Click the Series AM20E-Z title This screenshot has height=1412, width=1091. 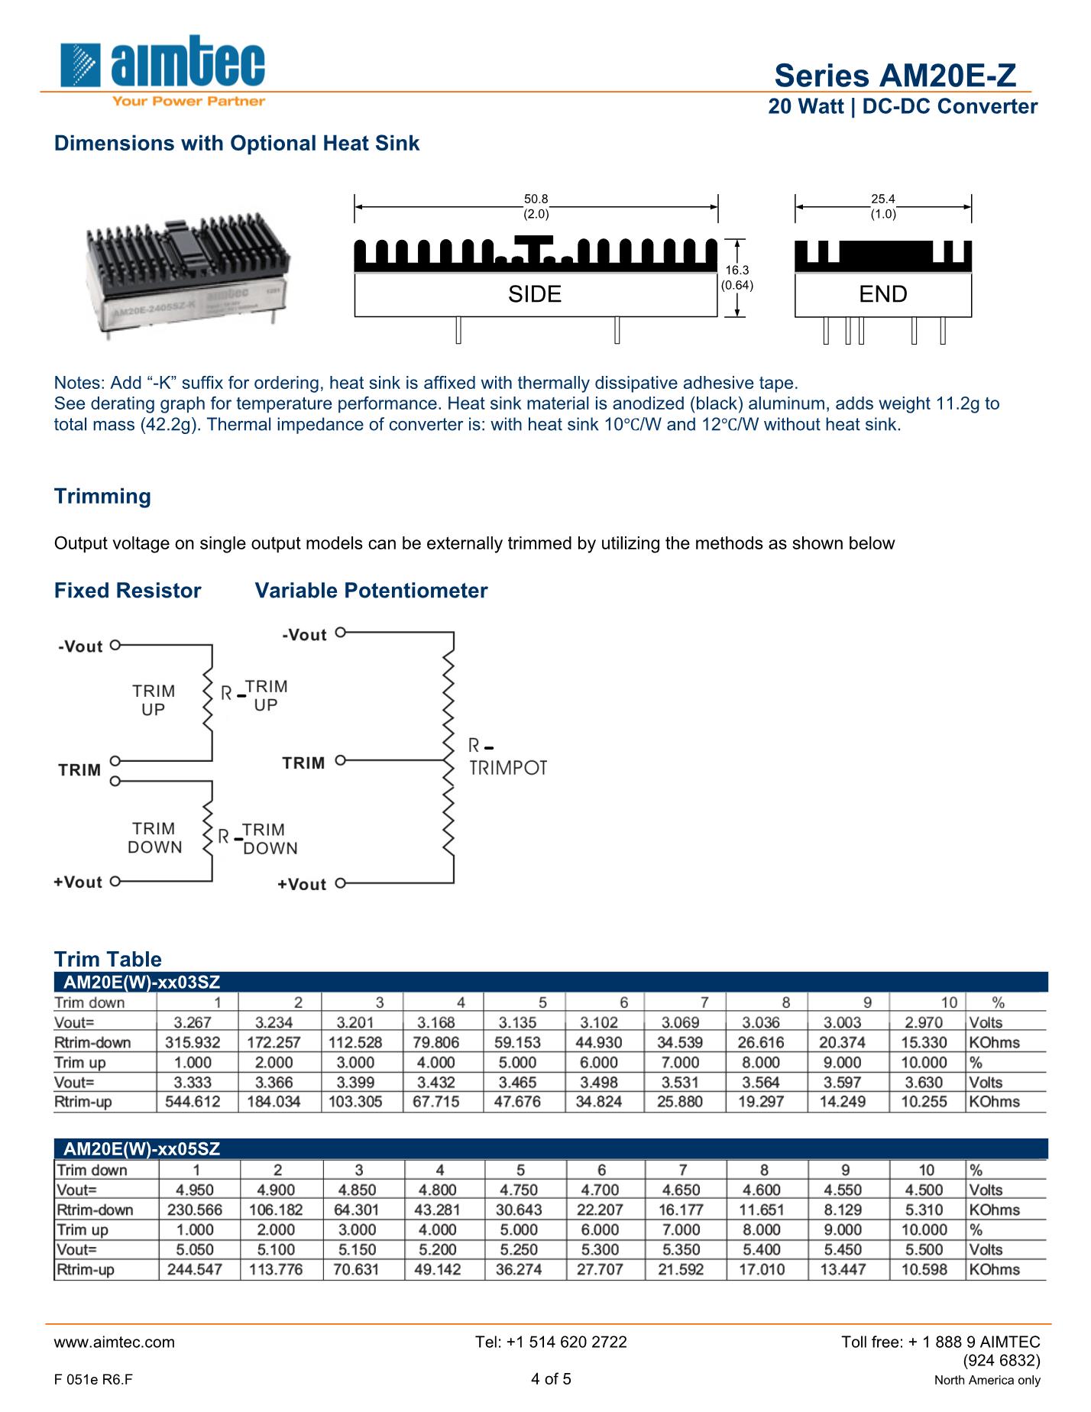pos(895,76)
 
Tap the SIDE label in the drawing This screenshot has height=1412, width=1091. pos(535,294)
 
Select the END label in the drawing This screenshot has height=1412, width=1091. pos(882,294)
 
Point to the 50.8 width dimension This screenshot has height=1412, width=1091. pos(536,199)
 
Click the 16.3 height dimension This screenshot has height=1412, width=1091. pos(737,270)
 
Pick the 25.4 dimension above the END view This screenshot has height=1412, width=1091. pos(882,199)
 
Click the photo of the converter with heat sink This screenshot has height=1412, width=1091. pos(188,279)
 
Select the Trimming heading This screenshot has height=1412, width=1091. pos(102,497)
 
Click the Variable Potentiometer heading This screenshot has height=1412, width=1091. pos(371,591)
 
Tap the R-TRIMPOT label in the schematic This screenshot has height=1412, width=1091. pos(507,757)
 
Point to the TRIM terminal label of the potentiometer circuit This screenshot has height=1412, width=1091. pos(303,763)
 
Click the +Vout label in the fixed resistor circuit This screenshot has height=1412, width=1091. pos(78,882)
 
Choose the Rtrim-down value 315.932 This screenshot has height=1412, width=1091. pos(193,1042)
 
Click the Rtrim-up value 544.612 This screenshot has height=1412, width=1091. pos(193,1102)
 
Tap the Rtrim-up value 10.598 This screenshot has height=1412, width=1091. pos(924,1269)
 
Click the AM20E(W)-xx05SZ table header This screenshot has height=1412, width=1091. pos(141,1149)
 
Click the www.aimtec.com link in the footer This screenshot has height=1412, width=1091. pos(114,1342)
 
